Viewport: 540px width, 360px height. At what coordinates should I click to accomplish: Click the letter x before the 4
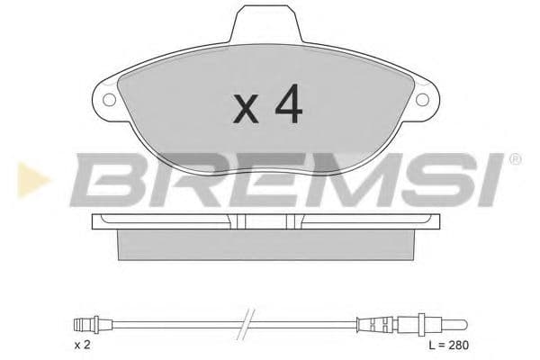(x=245, y=110)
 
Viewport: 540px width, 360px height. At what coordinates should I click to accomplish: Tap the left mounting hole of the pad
(x=110, y=100)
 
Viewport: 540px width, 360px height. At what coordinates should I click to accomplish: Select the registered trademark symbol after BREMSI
(x=515, y=160)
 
